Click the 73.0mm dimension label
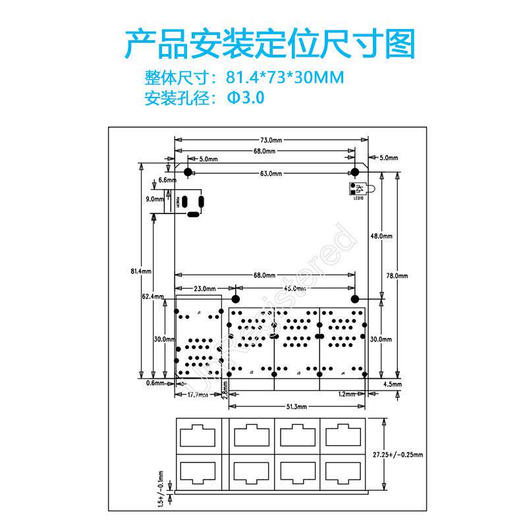(271, 140)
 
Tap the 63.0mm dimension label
(271, 173)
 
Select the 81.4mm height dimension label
(142, 271)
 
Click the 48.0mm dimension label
(381, 236)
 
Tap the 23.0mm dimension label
(205, 288)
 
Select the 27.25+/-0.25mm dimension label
(398, 455)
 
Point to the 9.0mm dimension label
(155, 198)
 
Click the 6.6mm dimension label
(168, 180)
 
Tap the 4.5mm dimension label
(392, 383)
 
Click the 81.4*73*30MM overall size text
(285, 78)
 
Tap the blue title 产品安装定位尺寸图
(270, 43)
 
